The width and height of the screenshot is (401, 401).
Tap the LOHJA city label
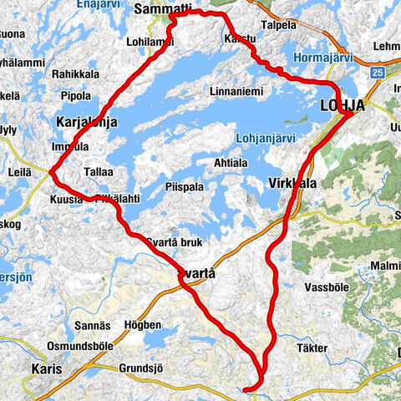pos(343,104)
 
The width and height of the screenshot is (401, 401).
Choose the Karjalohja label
pos(87,122)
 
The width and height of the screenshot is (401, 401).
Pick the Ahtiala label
pos(232,163)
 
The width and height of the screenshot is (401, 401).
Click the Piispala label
pos(184,187)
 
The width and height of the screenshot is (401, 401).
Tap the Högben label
pos(140,324)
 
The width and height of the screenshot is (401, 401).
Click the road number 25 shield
pos(379,74)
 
